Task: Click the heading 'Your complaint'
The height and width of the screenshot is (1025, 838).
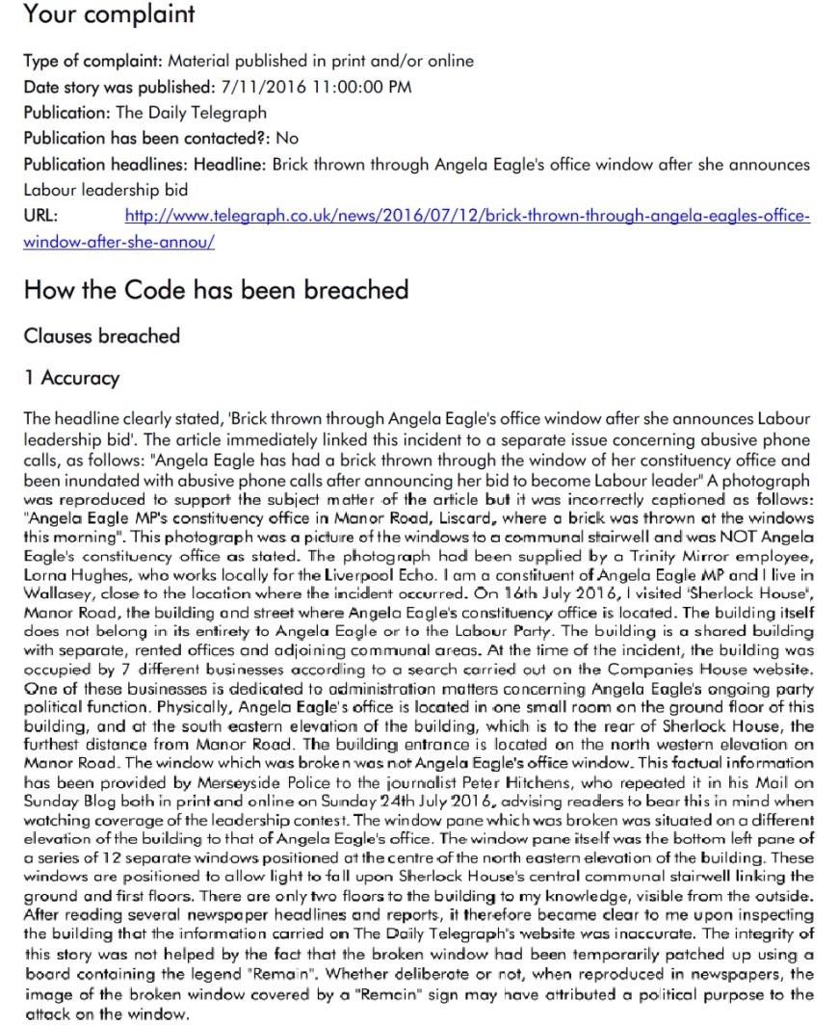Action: [108, 14]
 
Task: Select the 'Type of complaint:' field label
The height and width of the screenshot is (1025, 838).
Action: [83, 61]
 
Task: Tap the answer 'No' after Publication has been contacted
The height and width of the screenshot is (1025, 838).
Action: [287, 138]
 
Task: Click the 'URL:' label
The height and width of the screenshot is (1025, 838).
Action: [40, 216]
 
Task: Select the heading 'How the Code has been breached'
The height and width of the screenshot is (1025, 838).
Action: [216, 289]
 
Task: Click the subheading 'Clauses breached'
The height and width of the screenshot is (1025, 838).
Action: [101, 336]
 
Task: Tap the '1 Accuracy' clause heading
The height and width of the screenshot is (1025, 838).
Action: [71, 378]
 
